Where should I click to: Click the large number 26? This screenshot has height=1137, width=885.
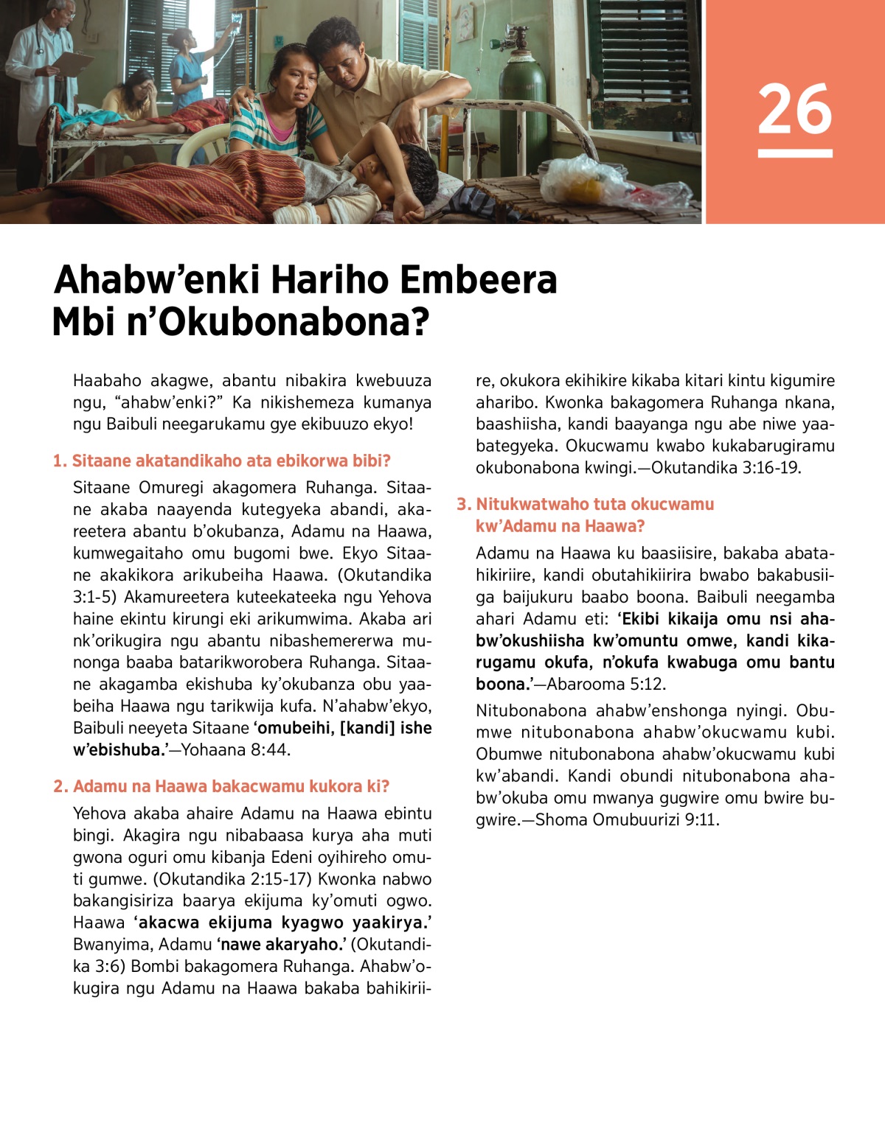(x=794, y=108)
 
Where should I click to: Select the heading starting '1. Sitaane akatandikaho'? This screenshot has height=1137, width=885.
(x=222, y=461)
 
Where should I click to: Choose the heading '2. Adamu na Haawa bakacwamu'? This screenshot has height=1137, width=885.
(x=221, y=786)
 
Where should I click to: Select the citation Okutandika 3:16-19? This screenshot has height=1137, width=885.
(x=726, y=467)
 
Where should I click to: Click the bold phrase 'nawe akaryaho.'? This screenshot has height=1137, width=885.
(x=282, y=944)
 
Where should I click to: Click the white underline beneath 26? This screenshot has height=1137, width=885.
(x=794, y=153)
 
